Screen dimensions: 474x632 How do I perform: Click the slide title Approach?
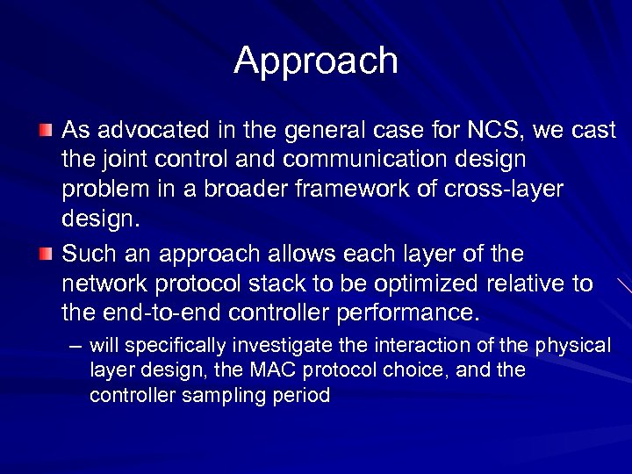316,61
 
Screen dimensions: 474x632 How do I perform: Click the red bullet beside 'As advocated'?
46,131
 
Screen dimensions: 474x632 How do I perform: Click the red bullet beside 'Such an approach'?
46,255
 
